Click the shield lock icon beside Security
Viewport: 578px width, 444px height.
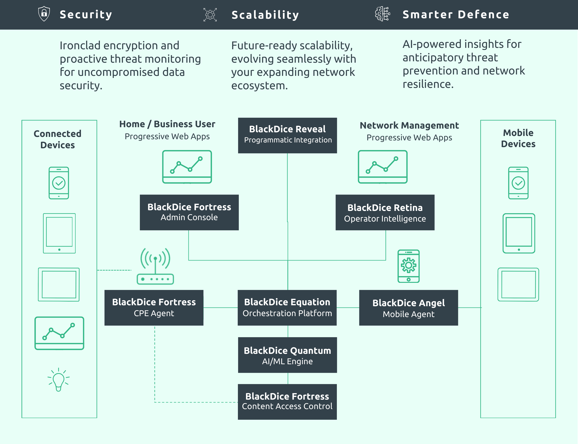click(x=44, y=13)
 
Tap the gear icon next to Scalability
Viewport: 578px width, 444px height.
click(x=210, y=15)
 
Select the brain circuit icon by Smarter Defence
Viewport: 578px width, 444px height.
click(x=382, y=14)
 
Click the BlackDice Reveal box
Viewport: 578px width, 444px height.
click(x=287, y=135)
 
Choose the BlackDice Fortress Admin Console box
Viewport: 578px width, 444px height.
click(x=189, y=212)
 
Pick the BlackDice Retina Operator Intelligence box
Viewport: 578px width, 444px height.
click(x=385, y=213)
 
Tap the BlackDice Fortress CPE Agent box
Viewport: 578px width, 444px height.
click(x=154, y=308)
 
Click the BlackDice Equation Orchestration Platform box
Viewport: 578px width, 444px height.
click(x=287, y=308)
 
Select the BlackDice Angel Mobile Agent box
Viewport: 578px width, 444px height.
click(x=408, y=308)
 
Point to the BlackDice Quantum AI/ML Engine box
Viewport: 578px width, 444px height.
click(x=287, y=355)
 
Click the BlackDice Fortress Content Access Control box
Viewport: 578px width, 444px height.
click(x=287, y=402)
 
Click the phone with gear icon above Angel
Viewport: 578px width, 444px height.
click(x=408, y=266)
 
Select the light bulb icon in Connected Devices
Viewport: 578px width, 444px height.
click(x=59, y=379)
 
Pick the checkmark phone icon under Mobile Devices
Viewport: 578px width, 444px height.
click(x=518, y=183)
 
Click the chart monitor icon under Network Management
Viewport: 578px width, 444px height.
click(x=382, y=167)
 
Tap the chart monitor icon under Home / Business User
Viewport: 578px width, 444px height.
click(x=187, y=167)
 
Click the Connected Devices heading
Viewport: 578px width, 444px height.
click(x=58, y=139)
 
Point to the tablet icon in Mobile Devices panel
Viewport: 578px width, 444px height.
click(x=519, y=233)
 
